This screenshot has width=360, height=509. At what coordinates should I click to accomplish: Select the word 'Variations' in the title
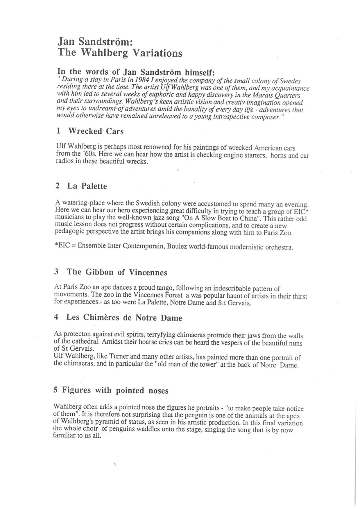[157, 53]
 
